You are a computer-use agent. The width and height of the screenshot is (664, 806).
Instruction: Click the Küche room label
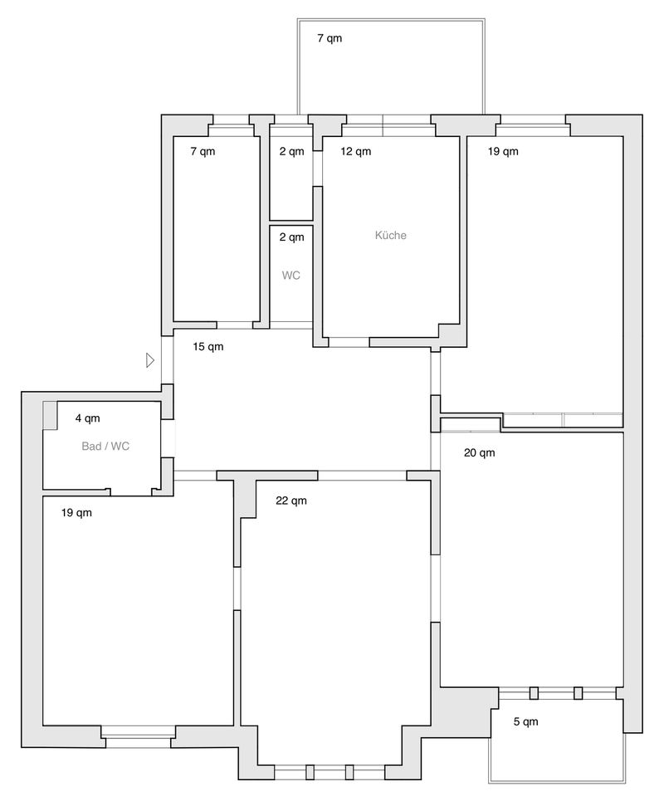[x=391, y=236]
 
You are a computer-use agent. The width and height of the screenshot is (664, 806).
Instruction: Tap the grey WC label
[x=290, y=276]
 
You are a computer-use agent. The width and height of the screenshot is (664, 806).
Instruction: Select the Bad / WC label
[x=105, y=447]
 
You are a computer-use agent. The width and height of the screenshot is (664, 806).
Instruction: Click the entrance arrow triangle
[x=150, y=360]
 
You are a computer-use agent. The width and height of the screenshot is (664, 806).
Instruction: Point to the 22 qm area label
[x=291, y=501]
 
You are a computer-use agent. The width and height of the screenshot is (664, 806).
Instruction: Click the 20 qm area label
[x=480, y=453]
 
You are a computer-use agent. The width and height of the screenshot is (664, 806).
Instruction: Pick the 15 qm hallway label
[x=208, y=346]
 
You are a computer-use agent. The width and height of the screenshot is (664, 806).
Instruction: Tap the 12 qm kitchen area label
[x=355, y=152]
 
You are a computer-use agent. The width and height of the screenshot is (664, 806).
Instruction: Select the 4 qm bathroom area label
[x=87, y=418]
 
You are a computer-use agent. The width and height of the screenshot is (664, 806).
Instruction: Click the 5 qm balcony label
[x=525, y=721]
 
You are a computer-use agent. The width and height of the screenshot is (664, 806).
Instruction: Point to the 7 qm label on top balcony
[x=330, y=38]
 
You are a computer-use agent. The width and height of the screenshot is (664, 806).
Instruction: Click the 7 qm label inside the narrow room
[x=203, y=152]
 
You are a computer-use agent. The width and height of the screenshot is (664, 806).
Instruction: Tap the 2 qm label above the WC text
[x=292, y=237]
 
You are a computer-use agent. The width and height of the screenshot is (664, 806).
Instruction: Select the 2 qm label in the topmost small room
[x=292, y=152]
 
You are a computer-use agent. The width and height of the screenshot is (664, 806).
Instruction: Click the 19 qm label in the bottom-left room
[x=76, y=513]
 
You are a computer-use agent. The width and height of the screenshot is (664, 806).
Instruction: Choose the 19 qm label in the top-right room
[x=503, y=152]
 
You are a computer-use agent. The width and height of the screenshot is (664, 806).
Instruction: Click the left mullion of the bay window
[x=310, y=772]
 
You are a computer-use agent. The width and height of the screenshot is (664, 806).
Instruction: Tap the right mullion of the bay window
[x=349, y=772]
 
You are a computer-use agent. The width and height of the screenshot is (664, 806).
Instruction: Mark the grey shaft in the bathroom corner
[x=49, y=415]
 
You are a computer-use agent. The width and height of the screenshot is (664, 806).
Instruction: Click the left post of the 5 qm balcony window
[x=534, y=693]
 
